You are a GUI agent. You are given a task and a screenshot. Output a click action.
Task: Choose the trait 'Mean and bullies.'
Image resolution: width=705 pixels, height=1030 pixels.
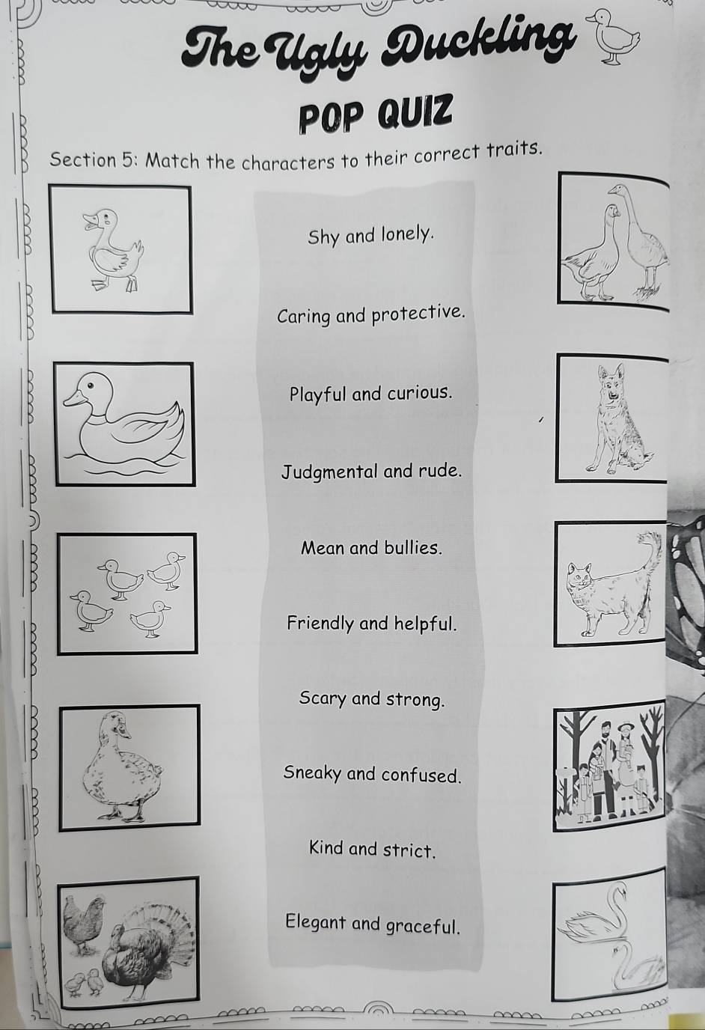click(x=372, y=548)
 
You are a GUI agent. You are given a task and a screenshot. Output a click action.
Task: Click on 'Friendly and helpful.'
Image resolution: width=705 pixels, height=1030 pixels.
click(x=372, y=624)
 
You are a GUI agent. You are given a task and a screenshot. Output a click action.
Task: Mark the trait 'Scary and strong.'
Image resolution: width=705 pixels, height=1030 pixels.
click(x=372, y=699)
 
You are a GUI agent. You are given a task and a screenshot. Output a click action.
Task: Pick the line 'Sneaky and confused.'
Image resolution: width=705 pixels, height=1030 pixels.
click(x=372, y=774)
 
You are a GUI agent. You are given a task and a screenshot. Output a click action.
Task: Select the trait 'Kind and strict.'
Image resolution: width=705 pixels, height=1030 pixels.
click(x=372, y=850)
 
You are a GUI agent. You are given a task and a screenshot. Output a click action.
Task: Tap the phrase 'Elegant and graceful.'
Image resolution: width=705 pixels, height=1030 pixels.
click(x=372, y=924)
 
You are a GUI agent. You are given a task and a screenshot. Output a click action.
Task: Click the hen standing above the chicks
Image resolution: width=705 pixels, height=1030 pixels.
click(x=82, y=924)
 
